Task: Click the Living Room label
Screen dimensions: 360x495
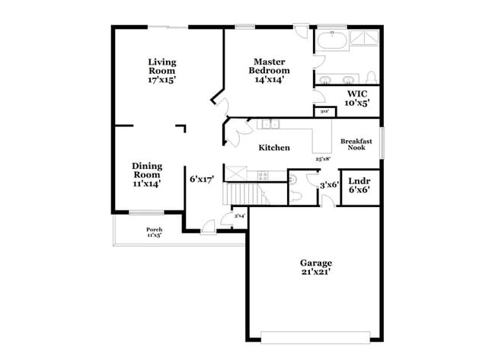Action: pyautogui.click(x=161, y=70)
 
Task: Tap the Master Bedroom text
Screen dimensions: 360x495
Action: pyautogui.click(x=269, y=70)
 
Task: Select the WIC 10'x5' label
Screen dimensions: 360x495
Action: pyautogui.click(x=358, y=98)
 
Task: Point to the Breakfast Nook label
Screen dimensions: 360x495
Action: pyautogui.click(x=356, y=144)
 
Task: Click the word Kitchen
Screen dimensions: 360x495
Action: pyautogui.click(x=273, y=148)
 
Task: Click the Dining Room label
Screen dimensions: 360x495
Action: pyautogui.click(x=146, y=174)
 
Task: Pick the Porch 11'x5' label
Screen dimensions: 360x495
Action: pyautogui.click(x=155, y=232)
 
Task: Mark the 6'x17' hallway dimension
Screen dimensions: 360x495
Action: pyautogui.click(x=201, y=180)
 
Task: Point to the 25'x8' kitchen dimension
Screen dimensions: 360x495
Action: pyautogui.click(x=324, y=159)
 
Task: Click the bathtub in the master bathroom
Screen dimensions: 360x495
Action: pyautogui.click(x=331, y=40)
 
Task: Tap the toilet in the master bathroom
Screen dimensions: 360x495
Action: pyautogui.click(x=371, y=78)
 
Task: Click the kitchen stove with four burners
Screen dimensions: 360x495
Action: pyautogui.click(x=263, y=175)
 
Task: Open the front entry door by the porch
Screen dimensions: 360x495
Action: pyautogui.click(x=208, y=227)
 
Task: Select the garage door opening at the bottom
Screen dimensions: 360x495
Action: pyautogui.click(x=315, y=336)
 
